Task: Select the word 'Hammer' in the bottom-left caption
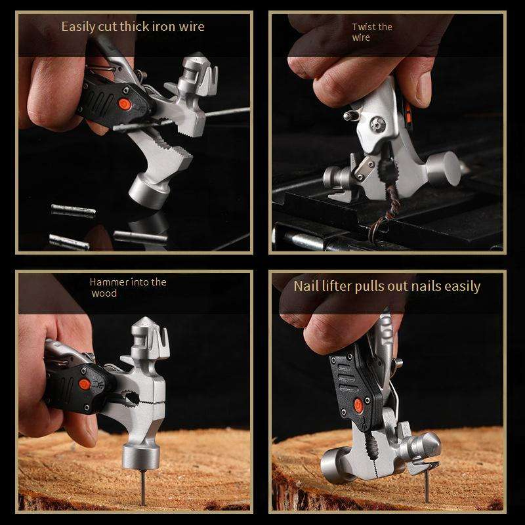click(109, 282)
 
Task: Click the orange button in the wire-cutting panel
click(125, 104)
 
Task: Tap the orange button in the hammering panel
click(84, 384)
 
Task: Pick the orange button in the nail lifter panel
click(358, 406)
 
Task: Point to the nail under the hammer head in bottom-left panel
click(143, 488)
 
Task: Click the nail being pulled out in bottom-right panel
click(427, 486)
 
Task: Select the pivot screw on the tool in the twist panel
click(378, 124)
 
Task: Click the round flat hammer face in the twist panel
click(448, 169)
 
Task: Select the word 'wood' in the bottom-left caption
click(104, 293)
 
